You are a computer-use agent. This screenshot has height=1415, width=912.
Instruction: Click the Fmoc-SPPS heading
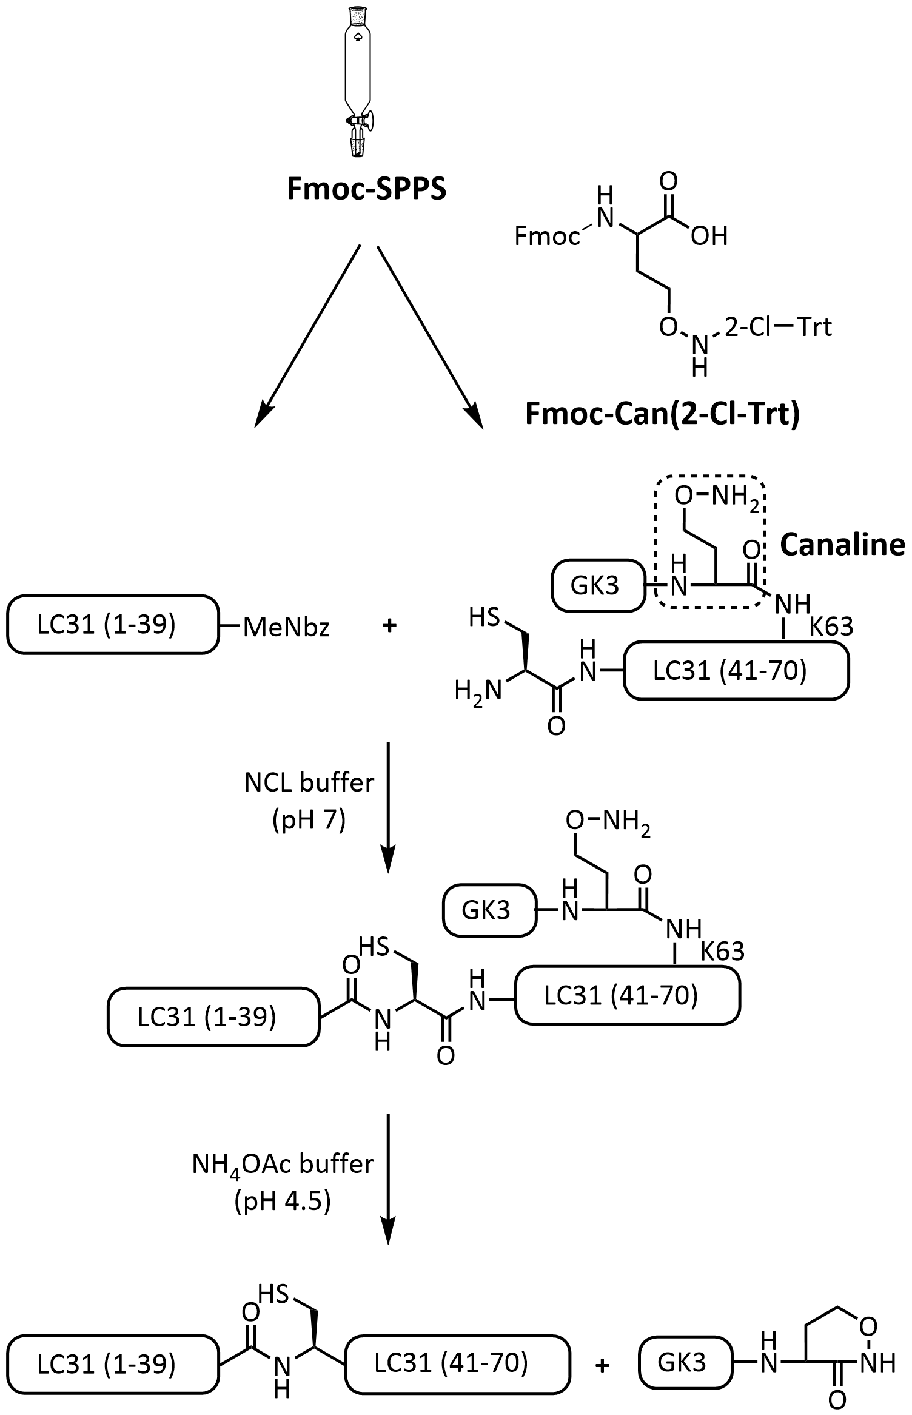tap(366, 189)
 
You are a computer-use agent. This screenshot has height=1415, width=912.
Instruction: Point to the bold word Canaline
tap(842, 545)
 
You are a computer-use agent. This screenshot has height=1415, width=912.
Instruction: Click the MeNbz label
tap(286, 628)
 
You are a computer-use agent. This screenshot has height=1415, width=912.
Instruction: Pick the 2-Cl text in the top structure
tap(746, 328)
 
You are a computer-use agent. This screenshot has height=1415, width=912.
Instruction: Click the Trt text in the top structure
tap(814, 328)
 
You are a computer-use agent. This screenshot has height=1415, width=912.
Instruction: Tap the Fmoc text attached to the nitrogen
tap(546, 236)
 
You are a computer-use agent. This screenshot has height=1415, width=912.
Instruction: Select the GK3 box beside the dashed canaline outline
tap(598, 586)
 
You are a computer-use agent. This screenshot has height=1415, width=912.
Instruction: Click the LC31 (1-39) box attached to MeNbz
tap(113, 625)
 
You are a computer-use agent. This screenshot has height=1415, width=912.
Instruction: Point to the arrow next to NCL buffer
tap(387, 807)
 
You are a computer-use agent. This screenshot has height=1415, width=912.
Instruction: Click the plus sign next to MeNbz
tap(389, 625)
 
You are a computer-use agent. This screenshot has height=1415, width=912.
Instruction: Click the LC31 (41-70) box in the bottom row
tap(458, 1363)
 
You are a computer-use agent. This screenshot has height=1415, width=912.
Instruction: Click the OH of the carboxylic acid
tap(709, 236)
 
